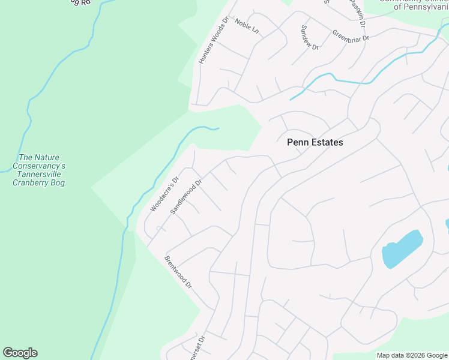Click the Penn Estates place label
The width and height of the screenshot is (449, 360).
[x=315, y=143]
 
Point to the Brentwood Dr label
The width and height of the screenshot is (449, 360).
[x=178, y=271]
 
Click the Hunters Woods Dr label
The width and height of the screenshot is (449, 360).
[x=214, y=41]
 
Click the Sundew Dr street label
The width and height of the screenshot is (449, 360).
[x=309, y=37]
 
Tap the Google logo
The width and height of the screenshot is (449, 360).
[x=20, y=353]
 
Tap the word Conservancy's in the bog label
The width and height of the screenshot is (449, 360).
[x=39, y=166]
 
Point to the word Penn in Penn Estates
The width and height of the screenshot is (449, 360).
[x=297, y=143]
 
